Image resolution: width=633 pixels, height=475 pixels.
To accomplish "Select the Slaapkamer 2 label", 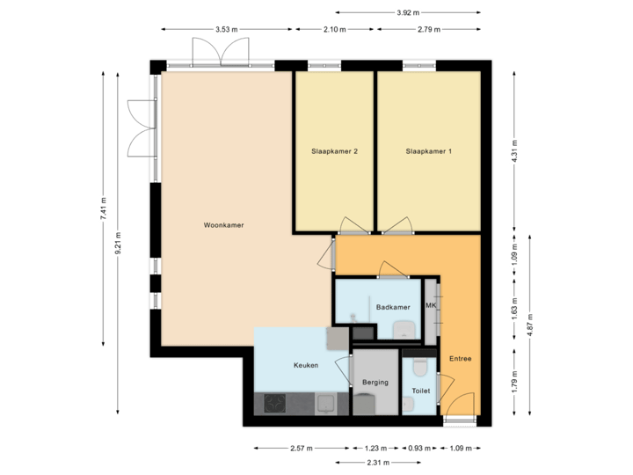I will pyautogui.click(x=334, y=151).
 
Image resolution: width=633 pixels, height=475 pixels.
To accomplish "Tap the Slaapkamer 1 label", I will pyautogui.click(x=428, y=151).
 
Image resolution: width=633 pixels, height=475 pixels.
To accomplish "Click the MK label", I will pyautogui.click(x=431, y=305).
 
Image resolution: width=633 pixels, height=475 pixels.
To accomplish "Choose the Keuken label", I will pyautogui.click(x=305, y=365).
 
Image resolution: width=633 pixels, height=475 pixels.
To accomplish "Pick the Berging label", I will pyautogui.click(x=375, y=383).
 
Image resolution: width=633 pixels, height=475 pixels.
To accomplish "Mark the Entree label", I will pyautogui.click(x=460, y=358).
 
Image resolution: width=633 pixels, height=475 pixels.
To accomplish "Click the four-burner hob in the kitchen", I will pyautogui.click(x=274, y=404).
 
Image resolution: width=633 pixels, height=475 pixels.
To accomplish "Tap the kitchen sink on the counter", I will pyautogui.click(x=324, y=404).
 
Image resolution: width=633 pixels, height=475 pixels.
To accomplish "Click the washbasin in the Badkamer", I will pyautogui.click(x=405, y=329).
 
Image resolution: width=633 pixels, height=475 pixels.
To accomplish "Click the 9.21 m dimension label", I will pyautogui.click(x=119, y=244).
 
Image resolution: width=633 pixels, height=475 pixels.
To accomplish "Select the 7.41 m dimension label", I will pyautogui.click(x=103, y=208).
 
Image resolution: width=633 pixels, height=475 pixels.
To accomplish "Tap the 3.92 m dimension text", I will pyautogui.click(x=408, y=13).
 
